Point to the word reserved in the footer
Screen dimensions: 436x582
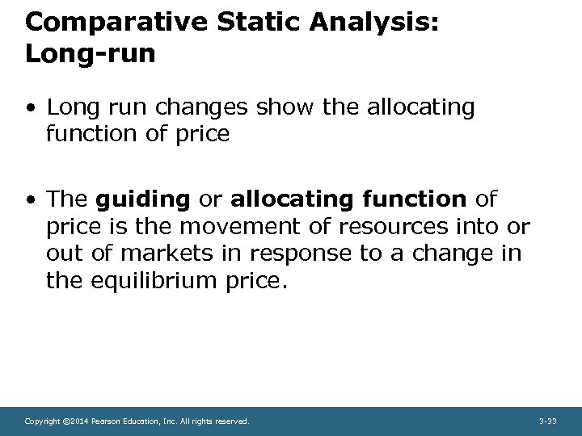pyautogui.click(x=233, y=421)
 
